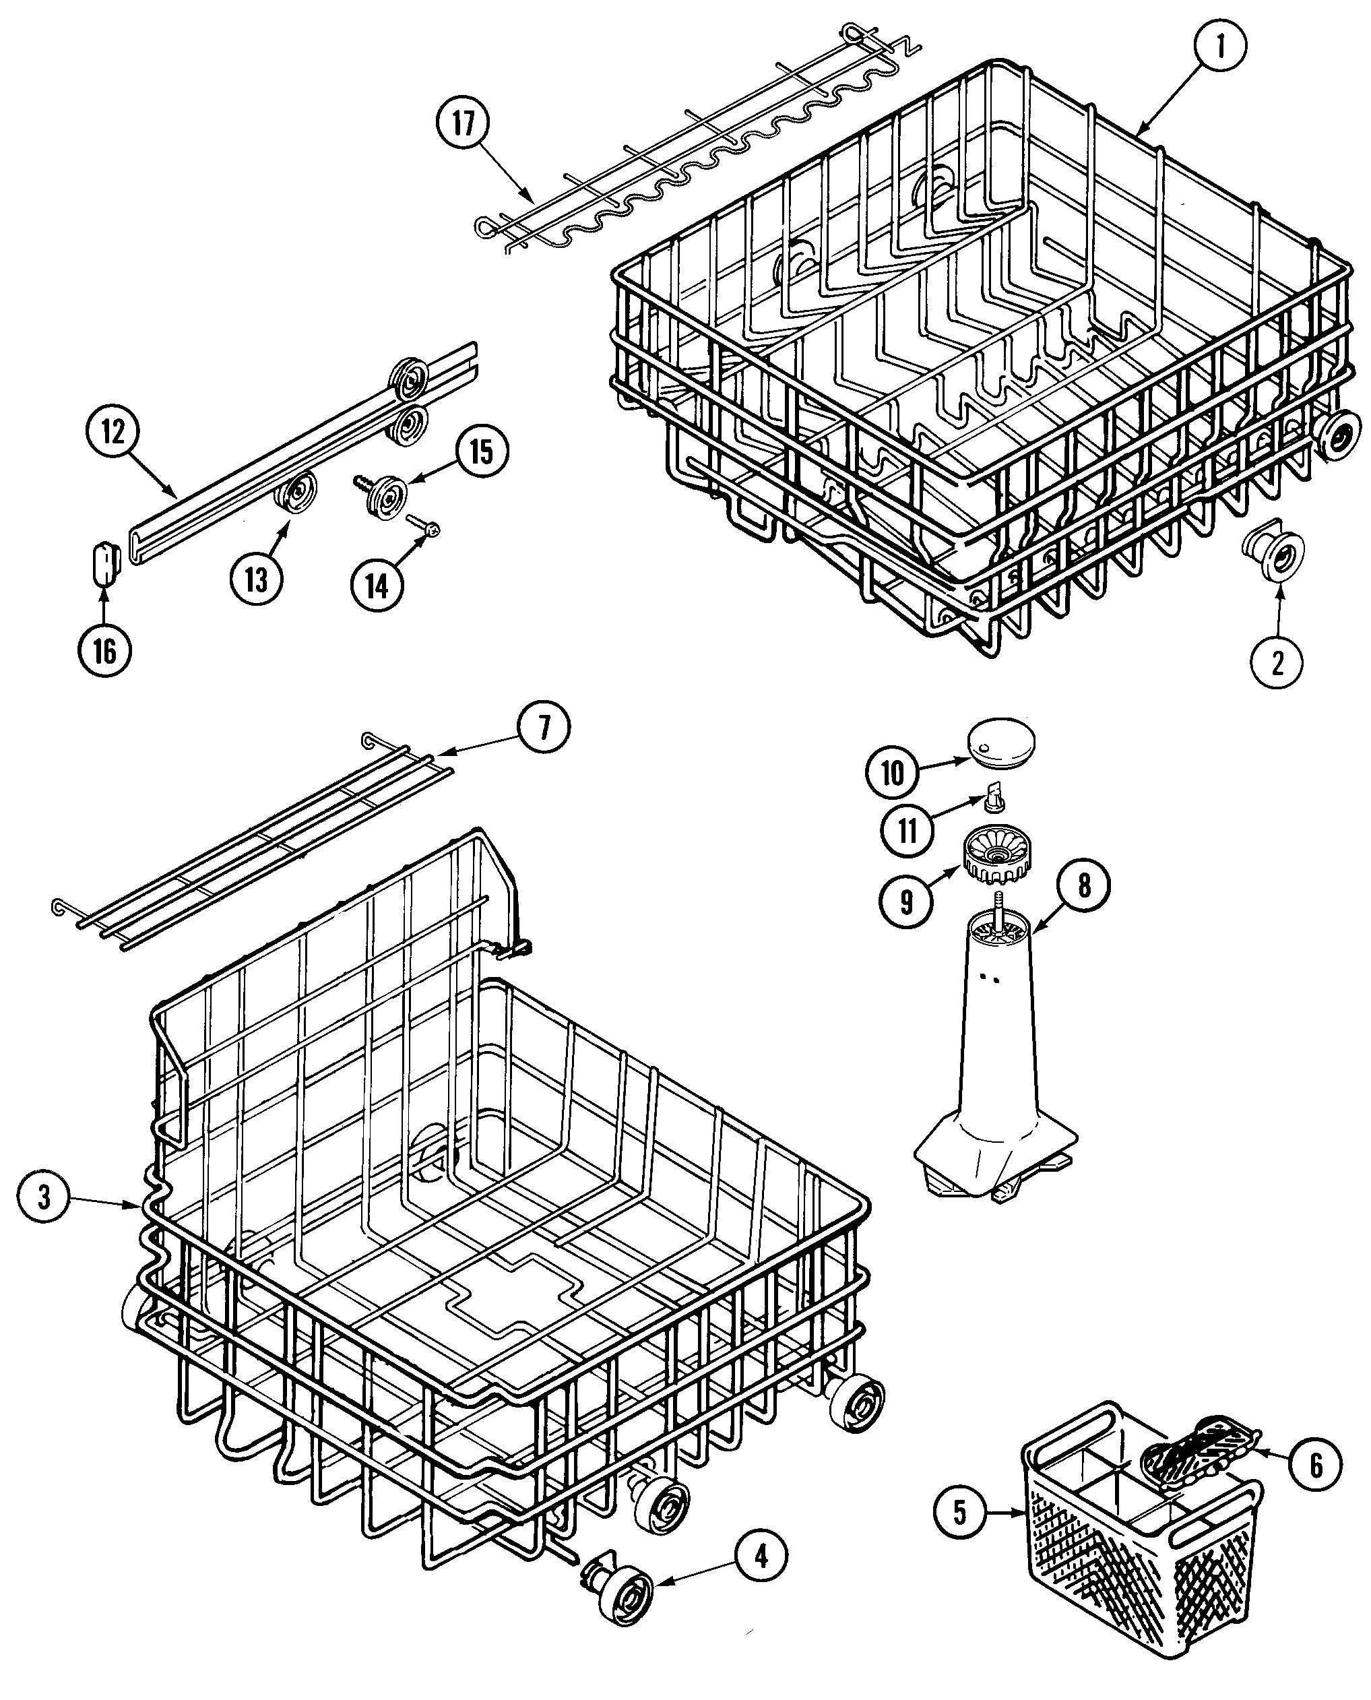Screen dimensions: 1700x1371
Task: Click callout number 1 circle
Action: click(1220, 47)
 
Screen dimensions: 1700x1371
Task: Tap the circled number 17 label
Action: click(463, 124)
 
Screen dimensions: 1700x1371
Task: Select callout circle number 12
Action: click(113, 432)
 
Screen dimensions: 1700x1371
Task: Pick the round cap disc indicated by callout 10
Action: click(1001, 741)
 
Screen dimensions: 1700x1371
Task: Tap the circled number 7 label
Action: click(543, 727)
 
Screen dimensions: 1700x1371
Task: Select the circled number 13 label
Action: click(257, 580)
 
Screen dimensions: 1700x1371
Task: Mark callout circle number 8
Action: click(1083, 886)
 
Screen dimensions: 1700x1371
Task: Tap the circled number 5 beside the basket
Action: click(959, 1512)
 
